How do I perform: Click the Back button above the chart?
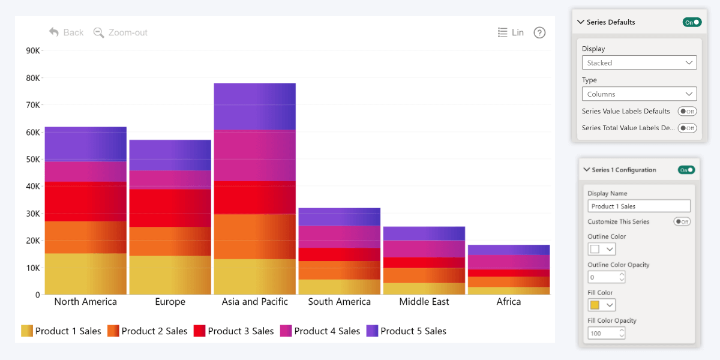point(67,32)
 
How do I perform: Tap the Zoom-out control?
point(121,32)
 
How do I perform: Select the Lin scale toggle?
point(511,32)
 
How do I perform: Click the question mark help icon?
point(539,33)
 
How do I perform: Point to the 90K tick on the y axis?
point(33,51)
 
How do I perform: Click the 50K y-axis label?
point(33,159)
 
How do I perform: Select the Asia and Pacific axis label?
point(254,301)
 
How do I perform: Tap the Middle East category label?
point(424,301)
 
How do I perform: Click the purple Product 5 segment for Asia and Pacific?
point(254,106)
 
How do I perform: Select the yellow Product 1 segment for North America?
point(85,274)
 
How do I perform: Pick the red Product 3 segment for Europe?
point(170,208)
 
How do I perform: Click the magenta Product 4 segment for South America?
point(339,236)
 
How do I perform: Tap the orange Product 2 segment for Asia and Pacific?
point(254,236)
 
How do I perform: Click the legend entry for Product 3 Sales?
point(233,331)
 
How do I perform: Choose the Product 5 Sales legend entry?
point(406,331)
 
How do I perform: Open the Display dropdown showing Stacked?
point(639,62)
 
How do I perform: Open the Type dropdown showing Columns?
point(639,94)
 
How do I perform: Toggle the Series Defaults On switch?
point(692,22)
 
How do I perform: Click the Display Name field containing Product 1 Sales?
point(638,206)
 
